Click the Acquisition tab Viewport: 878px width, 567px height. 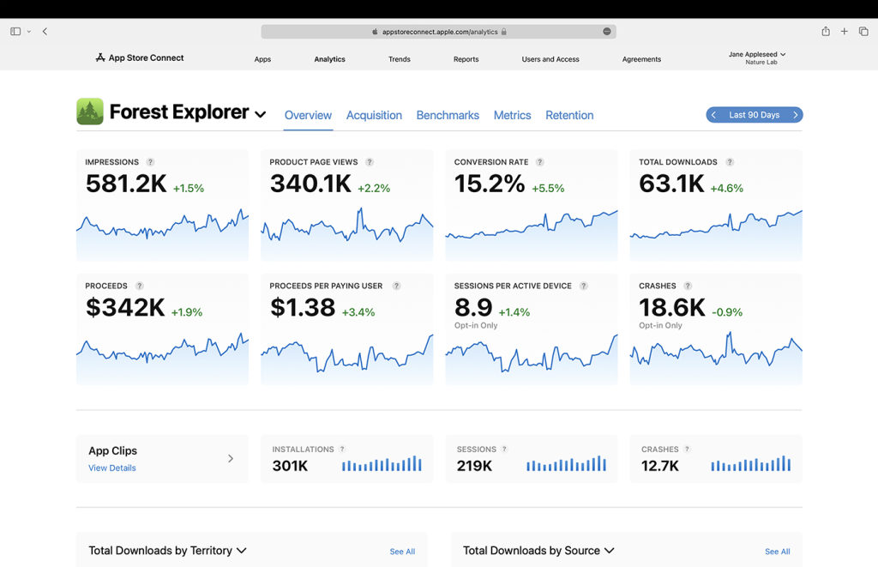tap(374, 115)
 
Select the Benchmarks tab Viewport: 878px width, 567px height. tap(448, 115)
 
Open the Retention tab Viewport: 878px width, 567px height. tap(569, 115)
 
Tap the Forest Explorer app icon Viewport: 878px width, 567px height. tap(90, 112)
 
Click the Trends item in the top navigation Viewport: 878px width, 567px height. tap(400, 59)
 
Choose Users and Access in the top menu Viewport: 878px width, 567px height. tap(550, 59)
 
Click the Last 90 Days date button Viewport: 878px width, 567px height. tap(755, 115)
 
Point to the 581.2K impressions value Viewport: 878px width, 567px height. tap(126, 184)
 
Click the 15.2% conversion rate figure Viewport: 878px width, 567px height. tap(490, 184)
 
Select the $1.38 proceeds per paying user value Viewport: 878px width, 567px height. tap(303, 308)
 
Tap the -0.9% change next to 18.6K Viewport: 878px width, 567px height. tap(727, 312)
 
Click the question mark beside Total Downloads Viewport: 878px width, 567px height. tap(730, 162)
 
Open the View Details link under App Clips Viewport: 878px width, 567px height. tap(112, 468)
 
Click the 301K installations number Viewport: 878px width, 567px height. tap(290, 466)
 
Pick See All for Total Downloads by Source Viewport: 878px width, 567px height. tap(778, 552)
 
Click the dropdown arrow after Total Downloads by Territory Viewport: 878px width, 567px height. tap(242, 551)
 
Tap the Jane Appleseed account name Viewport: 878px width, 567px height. tap(754, 54)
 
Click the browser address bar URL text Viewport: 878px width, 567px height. tap(440, 32)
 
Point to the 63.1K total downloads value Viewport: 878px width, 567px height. tap(671, 184)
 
